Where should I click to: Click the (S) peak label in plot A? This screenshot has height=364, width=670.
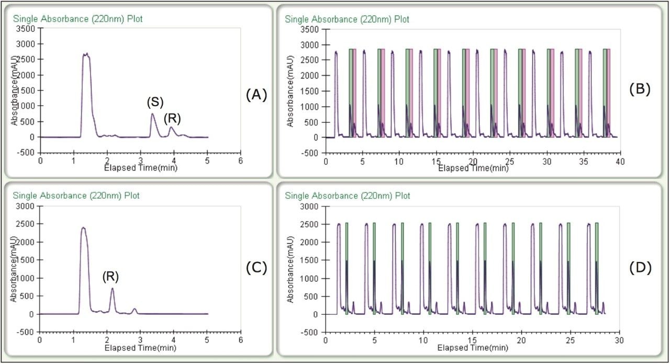tap(154, 102)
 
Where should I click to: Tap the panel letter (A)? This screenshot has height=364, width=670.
tap(256, 95)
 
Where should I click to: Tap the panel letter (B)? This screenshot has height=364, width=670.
tap(640, 89)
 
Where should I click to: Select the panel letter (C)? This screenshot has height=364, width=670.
tap(256, 268)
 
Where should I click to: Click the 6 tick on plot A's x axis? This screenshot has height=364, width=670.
tap(240, 160)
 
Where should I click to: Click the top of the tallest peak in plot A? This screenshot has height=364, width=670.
tap(86, 53)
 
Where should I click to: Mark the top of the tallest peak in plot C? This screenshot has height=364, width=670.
tap(83, 227)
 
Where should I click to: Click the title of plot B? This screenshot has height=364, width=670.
tap(347, 19)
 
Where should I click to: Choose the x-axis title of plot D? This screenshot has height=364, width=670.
tap(472, 347)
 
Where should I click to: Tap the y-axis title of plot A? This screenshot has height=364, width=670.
tap(16, 90)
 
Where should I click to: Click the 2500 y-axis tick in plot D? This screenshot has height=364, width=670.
tap(310, 224)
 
